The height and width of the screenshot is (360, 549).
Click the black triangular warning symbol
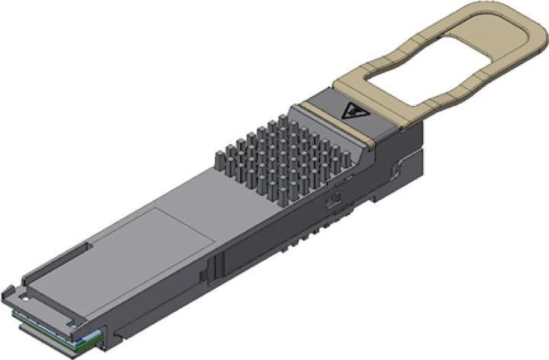point(355,111)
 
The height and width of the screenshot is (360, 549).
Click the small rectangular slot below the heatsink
point(334,203)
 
